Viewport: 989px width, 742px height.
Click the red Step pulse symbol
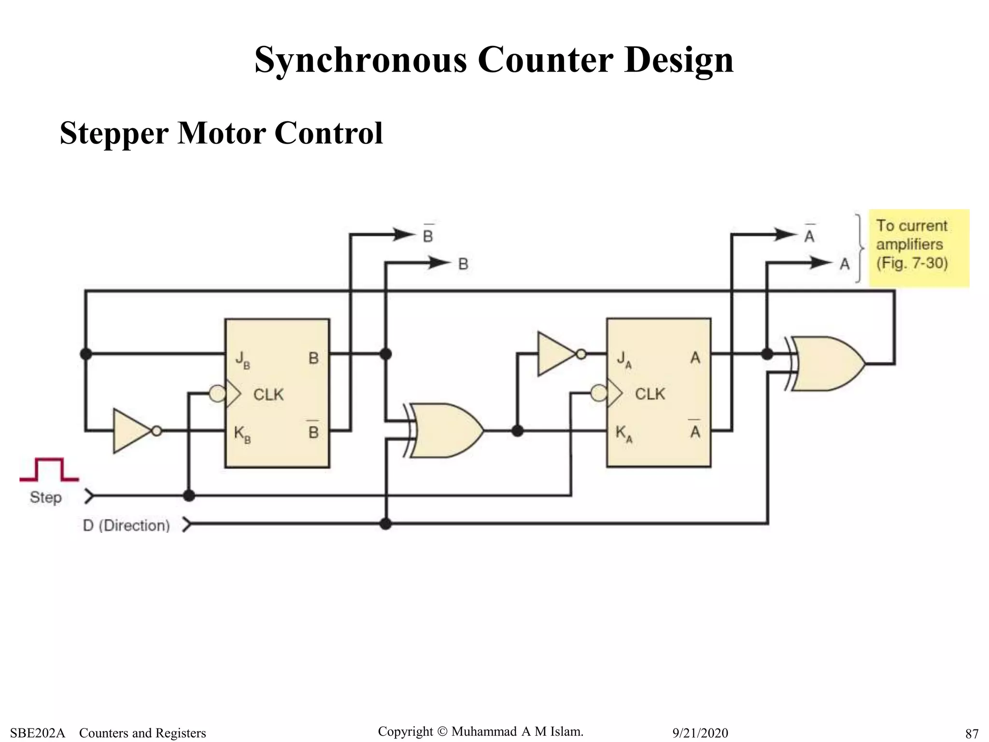click(49, 470)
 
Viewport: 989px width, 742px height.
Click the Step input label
click(46, 497)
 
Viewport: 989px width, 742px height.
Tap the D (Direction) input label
click(127, 525)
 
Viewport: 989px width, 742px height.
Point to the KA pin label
click(623, 433)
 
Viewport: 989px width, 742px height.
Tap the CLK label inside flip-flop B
click(268, 395)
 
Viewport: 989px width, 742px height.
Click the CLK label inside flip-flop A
click(650, 394)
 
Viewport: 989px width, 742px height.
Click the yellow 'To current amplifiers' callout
click(918, 248)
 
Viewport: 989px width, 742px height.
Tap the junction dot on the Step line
click(189, 495)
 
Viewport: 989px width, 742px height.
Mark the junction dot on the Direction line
click(385, 524)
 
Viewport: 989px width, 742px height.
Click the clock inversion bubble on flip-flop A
click(599, 393)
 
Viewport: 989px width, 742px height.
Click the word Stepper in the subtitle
click(114, 133)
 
